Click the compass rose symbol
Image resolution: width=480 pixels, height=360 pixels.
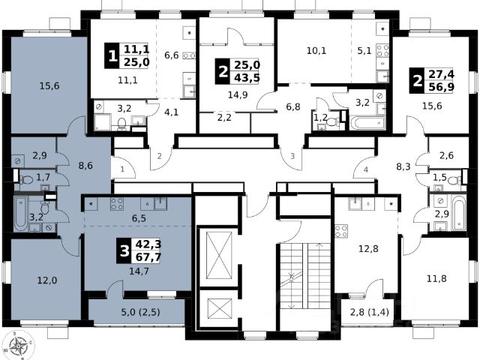(x=19, y=346)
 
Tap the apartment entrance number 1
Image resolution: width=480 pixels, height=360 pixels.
(x=122, y=169)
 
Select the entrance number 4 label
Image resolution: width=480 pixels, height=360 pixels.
(x=366, y=169)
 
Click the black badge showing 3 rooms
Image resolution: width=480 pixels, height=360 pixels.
(x=124, y=250)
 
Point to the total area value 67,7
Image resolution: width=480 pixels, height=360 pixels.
(x=148, y=257)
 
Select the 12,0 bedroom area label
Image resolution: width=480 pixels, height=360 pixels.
(x=47, y=280)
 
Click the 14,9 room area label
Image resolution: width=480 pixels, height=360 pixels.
(x=238, y=95)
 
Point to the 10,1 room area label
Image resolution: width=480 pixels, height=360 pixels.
(x=316, y=50)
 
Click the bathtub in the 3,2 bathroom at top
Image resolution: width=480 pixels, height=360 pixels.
(x=367, y=123)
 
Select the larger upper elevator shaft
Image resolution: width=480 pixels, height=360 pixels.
(x=219, y=255)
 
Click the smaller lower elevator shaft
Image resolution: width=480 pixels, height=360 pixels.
(x=219, y=308)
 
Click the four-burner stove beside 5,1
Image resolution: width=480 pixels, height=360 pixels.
(x=382, y=50)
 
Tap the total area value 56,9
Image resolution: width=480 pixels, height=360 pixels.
(x=441, y=87)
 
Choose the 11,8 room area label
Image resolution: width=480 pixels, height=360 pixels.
(x=436, y=278)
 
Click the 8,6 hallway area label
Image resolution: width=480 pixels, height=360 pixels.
(x=85, y=166)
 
